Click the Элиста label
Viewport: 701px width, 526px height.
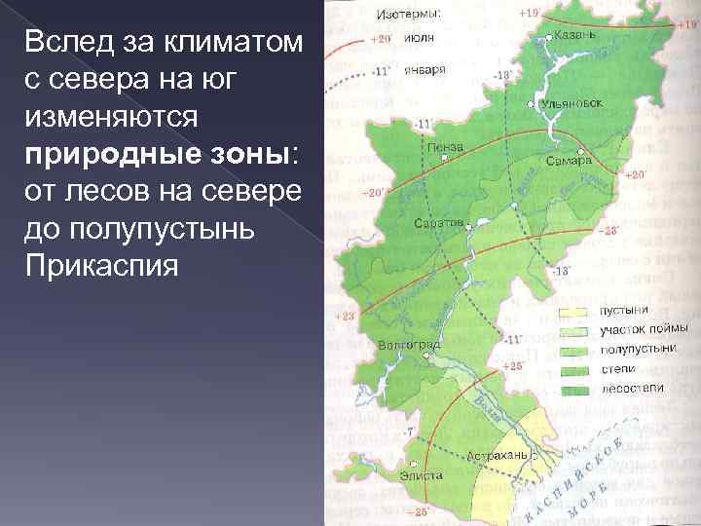click(422, 475)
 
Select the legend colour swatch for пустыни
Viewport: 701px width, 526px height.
click(573, 312)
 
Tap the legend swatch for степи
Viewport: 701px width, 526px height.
click(573, 369)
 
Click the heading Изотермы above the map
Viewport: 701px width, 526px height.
click(408, 14)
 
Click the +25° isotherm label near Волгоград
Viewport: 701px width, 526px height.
click(512, 365)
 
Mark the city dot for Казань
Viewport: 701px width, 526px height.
click(548, 36)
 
